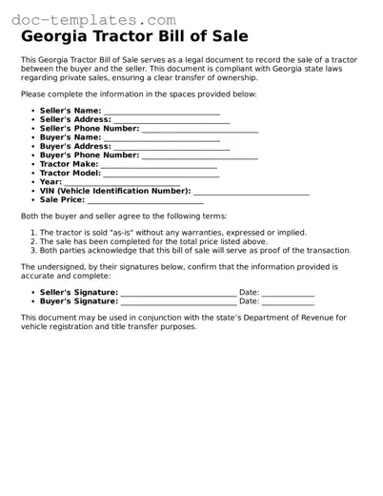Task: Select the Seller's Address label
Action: point(75,120)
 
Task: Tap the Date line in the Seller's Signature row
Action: point(288,293)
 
